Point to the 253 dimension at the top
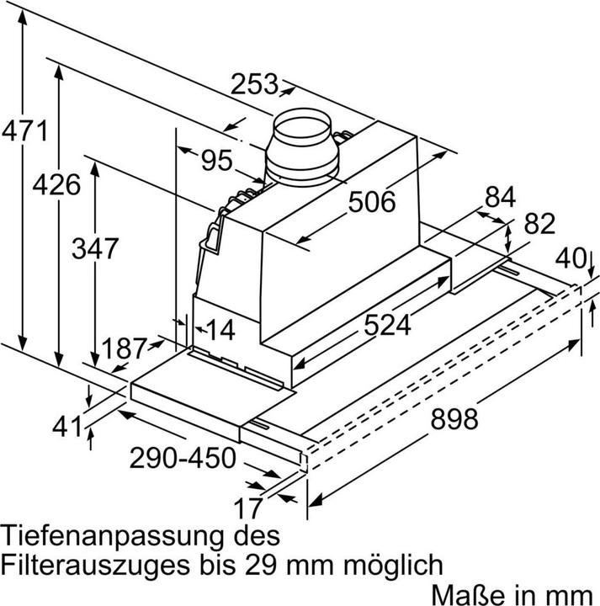click(x=254, y=84)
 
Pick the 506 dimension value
click(x=371, y=202)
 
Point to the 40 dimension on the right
click(x=575, y=258)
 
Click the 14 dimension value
click(x=221, y=330)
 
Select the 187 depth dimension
click(x=124, y=348)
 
